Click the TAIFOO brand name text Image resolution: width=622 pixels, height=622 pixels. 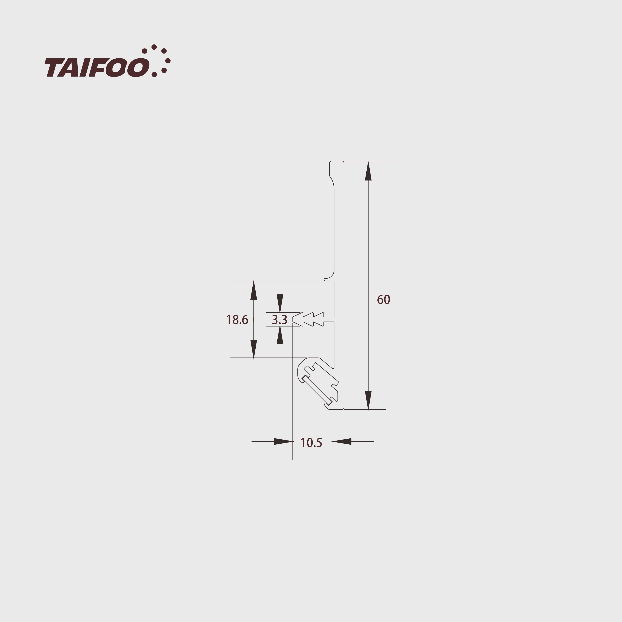coord(97,68)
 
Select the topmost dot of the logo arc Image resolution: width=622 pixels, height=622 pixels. coord(154,47)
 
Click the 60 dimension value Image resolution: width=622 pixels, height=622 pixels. coord(383,300)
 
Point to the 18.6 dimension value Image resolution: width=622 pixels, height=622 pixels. coord(237,320)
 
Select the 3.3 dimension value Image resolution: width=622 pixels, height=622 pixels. coord(279,320)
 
